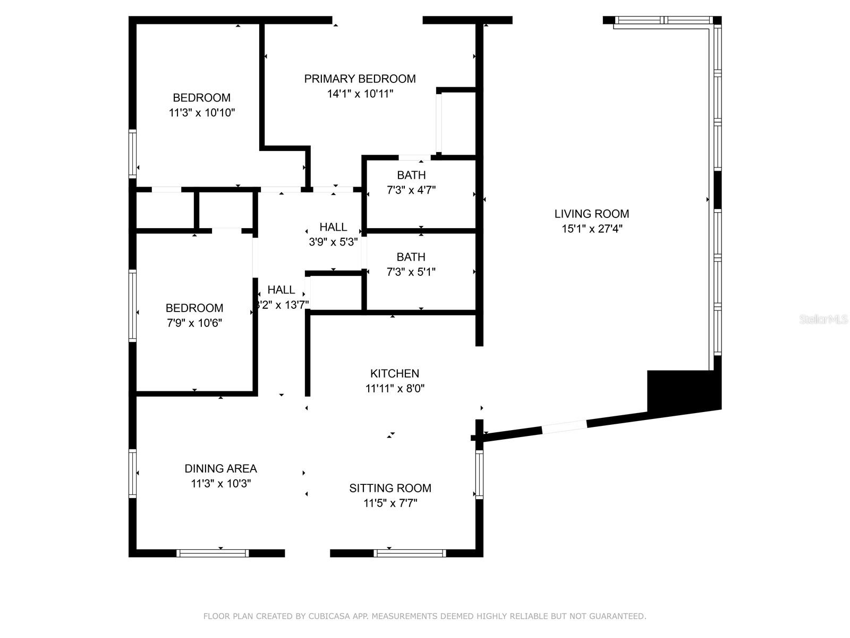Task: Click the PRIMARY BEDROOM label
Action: (x=359, y=79)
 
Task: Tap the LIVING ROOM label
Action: (x=591, y=214)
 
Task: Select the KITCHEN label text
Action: (x=395, y=373)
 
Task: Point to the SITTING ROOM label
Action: (x=390, y=488)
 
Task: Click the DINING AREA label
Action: (x=220, y=469)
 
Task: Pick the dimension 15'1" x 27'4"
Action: (x=592, y=229)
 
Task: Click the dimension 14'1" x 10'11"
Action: (x=360, y=94)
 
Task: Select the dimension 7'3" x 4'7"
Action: (x=411, y=190)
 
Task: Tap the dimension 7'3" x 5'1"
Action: (x=411, y=272)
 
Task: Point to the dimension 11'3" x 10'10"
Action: (x=202, y=113)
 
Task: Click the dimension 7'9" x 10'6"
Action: (x=194, y=323)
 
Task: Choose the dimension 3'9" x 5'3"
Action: (x=333, y=242)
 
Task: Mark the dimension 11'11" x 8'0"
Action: (x=395, y=388)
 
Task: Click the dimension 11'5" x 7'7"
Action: (x=390, y=503)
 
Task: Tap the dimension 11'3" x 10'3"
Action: (x=220, y=483)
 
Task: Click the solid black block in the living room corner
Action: (x=684, y=392)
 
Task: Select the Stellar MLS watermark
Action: (x=823, y=319)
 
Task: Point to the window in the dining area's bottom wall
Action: (x=212, y=553)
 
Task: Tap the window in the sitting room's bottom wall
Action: (x=410, y=553)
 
